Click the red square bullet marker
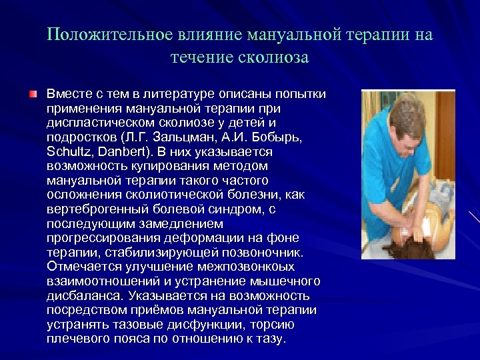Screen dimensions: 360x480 pyautogui.click(x=33, y=95)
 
